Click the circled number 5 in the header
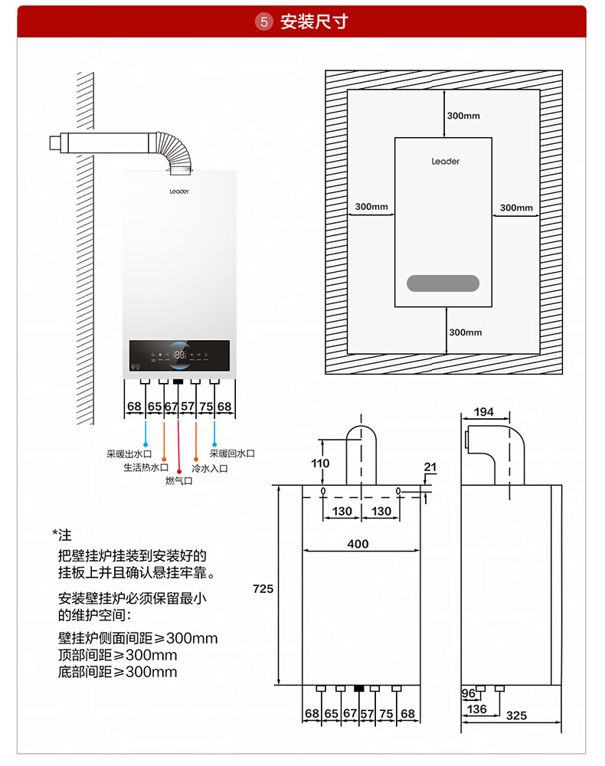[265, 21]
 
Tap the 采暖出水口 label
[129, 453]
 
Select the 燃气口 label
[178, 481]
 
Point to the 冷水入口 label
[209, 468]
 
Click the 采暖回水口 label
[232, 453]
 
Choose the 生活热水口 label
[146, 467]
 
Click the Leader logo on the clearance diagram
[445, 162]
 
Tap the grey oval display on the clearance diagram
[443, 283]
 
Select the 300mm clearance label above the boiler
[463, 116]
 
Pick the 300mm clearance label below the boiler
[465, 332]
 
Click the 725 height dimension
[263, 588]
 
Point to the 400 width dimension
[358, 544]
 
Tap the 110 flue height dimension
[320, 463]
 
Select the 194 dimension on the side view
[484, 412]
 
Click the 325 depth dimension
[517, 715]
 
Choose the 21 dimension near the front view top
[430, 466]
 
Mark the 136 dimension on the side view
[476, 709]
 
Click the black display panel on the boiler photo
[179, 355]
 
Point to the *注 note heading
[61, 534]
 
